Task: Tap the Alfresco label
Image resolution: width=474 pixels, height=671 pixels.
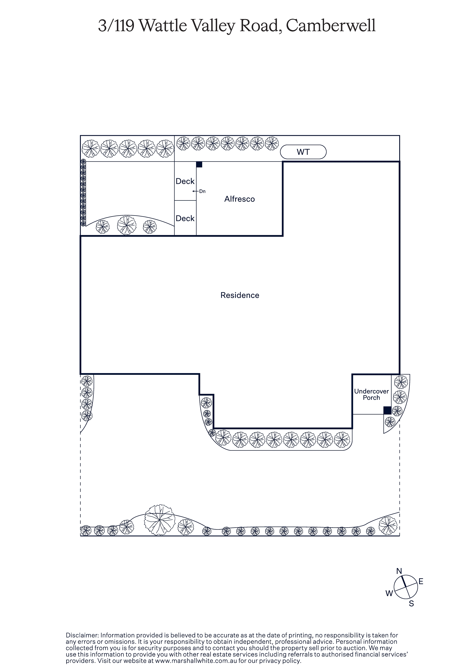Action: (x=240, y=199)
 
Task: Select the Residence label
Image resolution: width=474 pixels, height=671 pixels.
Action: (x=240, y=295)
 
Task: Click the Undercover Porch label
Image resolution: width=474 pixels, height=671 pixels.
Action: (x=371, y=394)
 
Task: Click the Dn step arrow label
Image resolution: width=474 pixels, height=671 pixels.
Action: (x=202, y=191)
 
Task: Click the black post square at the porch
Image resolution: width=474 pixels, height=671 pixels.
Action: (x=387, y=410)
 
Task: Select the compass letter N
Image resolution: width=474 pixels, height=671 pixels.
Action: (x=399, y=571)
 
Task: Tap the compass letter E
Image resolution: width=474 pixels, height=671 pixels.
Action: (x=421, y=582)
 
